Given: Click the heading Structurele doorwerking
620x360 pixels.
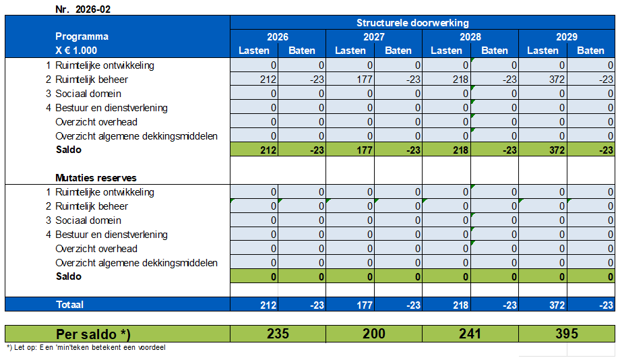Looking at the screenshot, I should point(422,23).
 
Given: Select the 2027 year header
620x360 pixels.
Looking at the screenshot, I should point(374,37).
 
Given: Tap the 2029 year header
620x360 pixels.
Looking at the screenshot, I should point(567,37).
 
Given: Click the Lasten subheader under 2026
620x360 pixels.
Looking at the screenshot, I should point(254,51).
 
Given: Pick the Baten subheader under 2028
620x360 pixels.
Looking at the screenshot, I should point(495,51).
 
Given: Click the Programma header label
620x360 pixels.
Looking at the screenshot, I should point(82,36).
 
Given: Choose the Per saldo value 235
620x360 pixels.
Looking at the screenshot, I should point(278,334).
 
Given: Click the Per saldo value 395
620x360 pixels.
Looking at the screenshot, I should point(567,334).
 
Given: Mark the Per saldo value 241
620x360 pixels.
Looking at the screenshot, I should point(470,334).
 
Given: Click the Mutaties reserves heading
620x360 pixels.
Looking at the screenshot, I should point(96,178).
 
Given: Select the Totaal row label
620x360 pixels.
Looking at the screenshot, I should point(69,305).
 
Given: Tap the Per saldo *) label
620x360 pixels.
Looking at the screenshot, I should point(92,334).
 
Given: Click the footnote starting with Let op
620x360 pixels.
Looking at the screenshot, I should point(86,348).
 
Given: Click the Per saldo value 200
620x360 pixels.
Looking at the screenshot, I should point(374,334).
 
